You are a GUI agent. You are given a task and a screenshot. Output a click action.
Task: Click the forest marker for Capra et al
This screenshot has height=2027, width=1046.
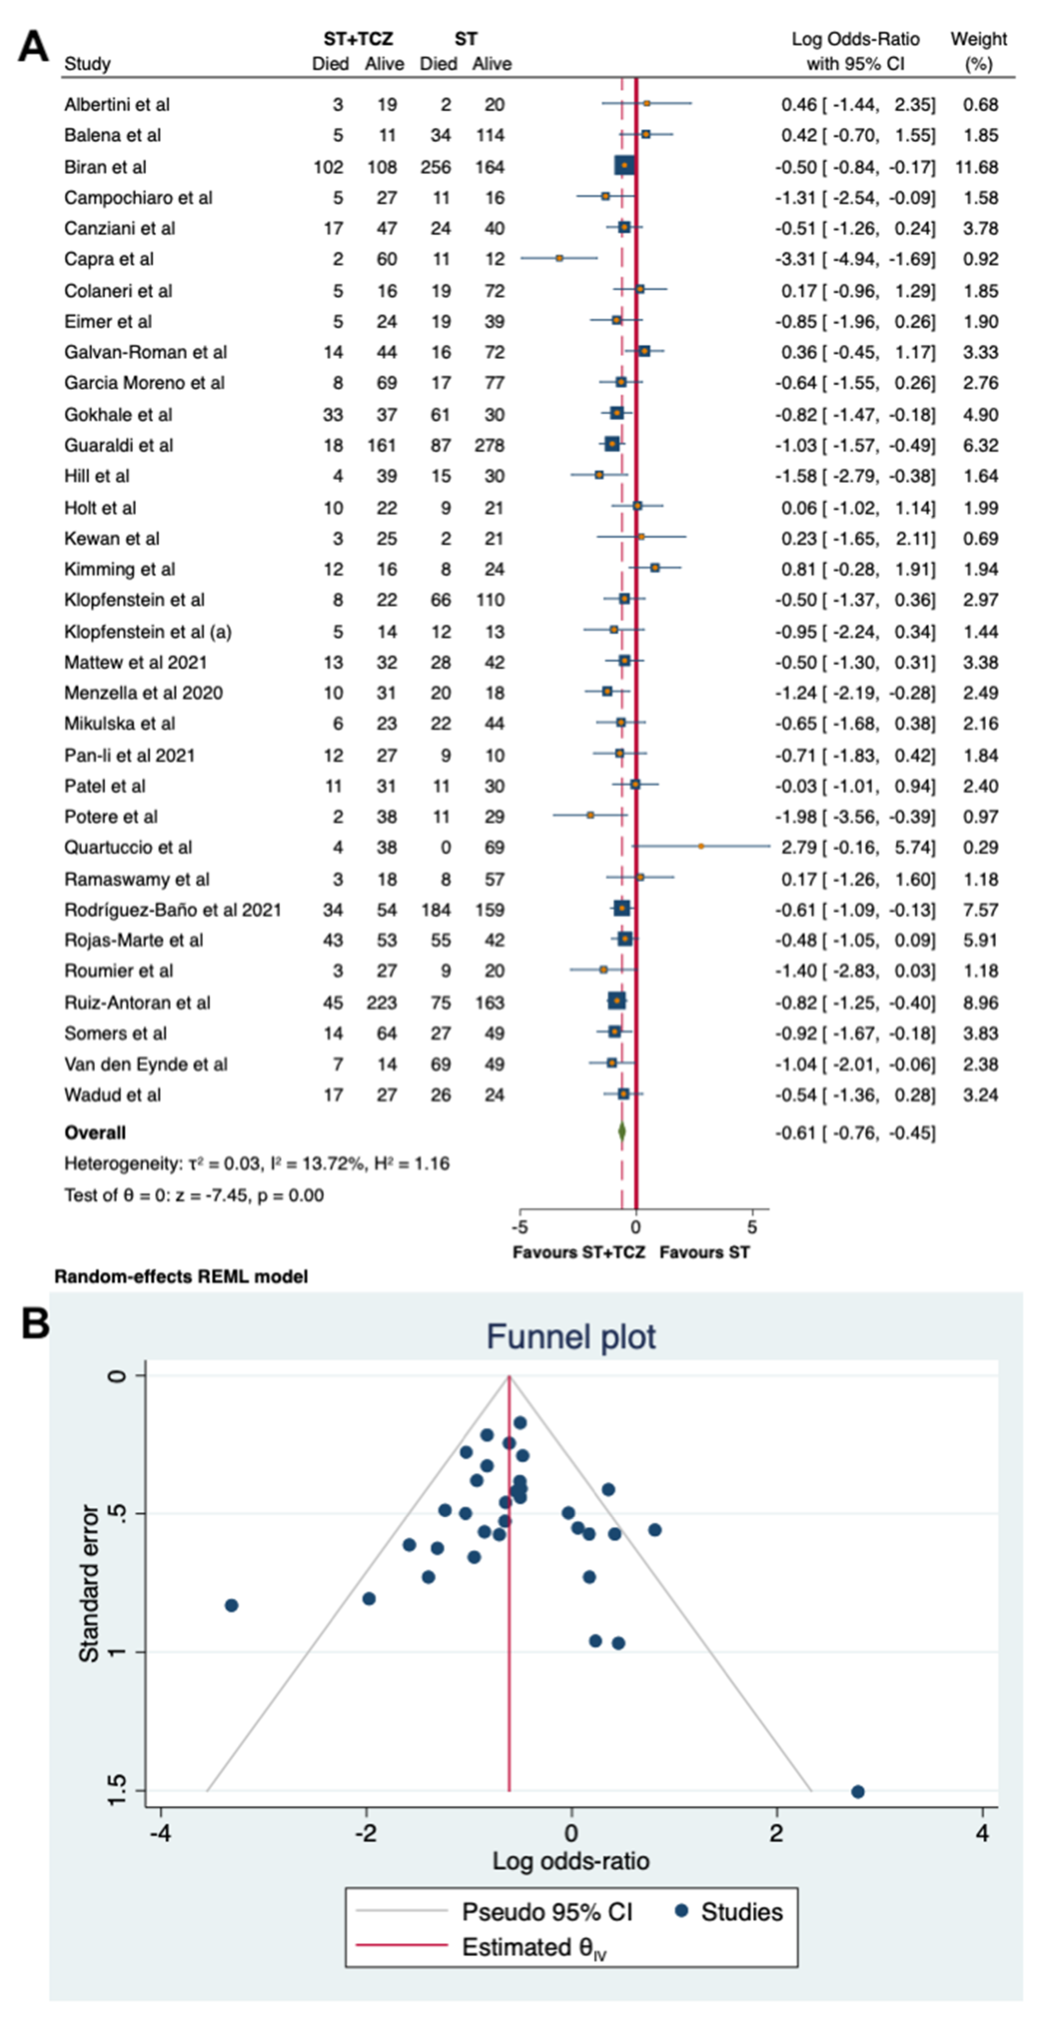559,258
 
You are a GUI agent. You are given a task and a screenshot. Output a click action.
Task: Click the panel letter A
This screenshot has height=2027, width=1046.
33,47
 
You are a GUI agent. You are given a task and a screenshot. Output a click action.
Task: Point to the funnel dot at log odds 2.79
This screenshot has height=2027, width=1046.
858,1792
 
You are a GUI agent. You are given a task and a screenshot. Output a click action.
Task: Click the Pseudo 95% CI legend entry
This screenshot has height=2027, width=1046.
546,1912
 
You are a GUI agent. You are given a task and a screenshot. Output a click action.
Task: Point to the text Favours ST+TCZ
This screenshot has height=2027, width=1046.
579,1252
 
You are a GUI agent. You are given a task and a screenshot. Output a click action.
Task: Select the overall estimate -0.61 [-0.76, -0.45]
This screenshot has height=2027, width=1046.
855,1133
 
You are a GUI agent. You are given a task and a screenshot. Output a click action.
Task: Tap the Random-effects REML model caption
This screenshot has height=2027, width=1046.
181,1276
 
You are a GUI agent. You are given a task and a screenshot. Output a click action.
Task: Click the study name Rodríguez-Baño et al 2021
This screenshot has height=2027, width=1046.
172,910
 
